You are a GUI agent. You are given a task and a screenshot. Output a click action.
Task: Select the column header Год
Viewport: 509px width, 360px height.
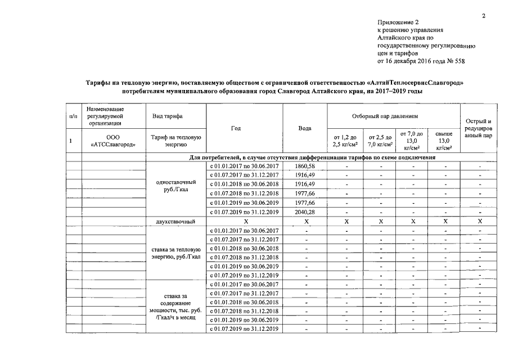pyautogui.click(x=245, y=128)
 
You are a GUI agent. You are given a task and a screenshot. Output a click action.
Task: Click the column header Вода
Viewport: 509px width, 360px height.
pyautogui.click(x=304, y=128)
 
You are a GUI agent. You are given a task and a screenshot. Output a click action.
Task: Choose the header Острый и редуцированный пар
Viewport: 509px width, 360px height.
pyautogui.click(x=479, y=128)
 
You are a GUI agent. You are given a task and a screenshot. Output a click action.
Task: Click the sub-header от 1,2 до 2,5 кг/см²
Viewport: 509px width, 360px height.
pyautogui.click(x=348, y=140)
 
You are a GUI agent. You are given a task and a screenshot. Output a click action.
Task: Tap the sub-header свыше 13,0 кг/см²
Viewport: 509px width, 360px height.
pyautogui.click(x=444, y=140)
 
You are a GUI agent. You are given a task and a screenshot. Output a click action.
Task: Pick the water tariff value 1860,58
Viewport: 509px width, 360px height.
pyautogui.click(x=304, y=166)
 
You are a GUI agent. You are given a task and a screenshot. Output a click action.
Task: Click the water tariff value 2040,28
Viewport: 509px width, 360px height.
pyautogui.click(x=304, y=211)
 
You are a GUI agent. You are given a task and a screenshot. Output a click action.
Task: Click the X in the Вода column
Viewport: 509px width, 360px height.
pyautogui.click(x=304, y=222)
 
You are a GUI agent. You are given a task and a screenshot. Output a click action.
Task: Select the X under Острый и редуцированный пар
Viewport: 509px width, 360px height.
pyautogui.click(x=480, y=222)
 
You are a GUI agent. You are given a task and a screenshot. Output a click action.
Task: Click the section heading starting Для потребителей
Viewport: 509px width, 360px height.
pyautogui.click(x=312, y=157)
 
